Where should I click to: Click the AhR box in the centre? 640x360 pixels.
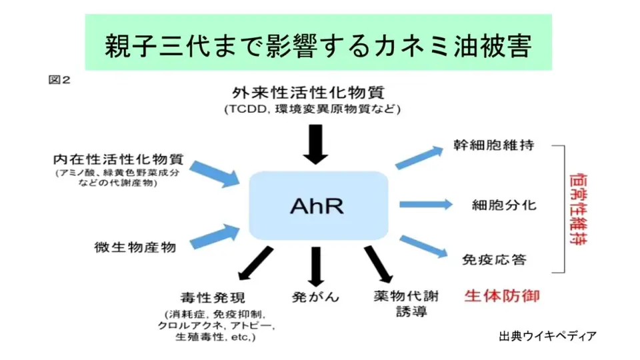(x=317, y=205)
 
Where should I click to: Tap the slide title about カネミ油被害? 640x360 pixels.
(x=318, y=45)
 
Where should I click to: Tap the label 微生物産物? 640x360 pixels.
(x=135, y=247)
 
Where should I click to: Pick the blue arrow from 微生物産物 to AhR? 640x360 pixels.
(x=215, y=236)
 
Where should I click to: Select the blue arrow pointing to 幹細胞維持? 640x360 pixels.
(x=419, y=158)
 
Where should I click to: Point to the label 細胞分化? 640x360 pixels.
(x=504, y=204)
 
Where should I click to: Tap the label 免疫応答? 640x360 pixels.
(x=494, y=259)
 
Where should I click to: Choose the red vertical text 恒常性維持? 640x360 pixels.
(x=578, y=209)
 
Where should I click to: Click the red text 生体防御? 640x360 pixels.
(x=502, y=295)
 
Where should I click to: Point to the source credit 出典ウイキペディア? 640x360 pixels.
(x=547, y=335)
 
